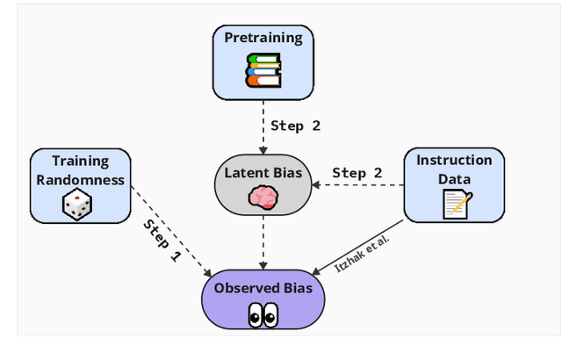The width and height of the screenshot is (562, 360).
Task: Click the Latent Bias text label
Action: tap(263, 173)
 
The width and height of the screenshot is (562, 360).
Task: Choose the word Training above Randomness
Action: tap(80, 162)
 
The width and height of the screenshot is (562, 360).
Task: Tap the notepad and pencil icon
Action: tap(456, 203)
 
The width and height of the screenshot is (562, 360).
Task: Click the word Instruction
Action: tap(454, 161)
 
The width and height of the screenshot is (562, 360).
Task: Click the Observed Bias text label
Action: tap(263, 288)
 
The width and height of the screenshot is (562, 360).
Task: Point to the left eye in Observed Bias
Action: tap(254, 314)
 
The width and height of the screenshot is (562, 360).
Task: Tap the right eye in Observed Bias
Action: tap(270, 314)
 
